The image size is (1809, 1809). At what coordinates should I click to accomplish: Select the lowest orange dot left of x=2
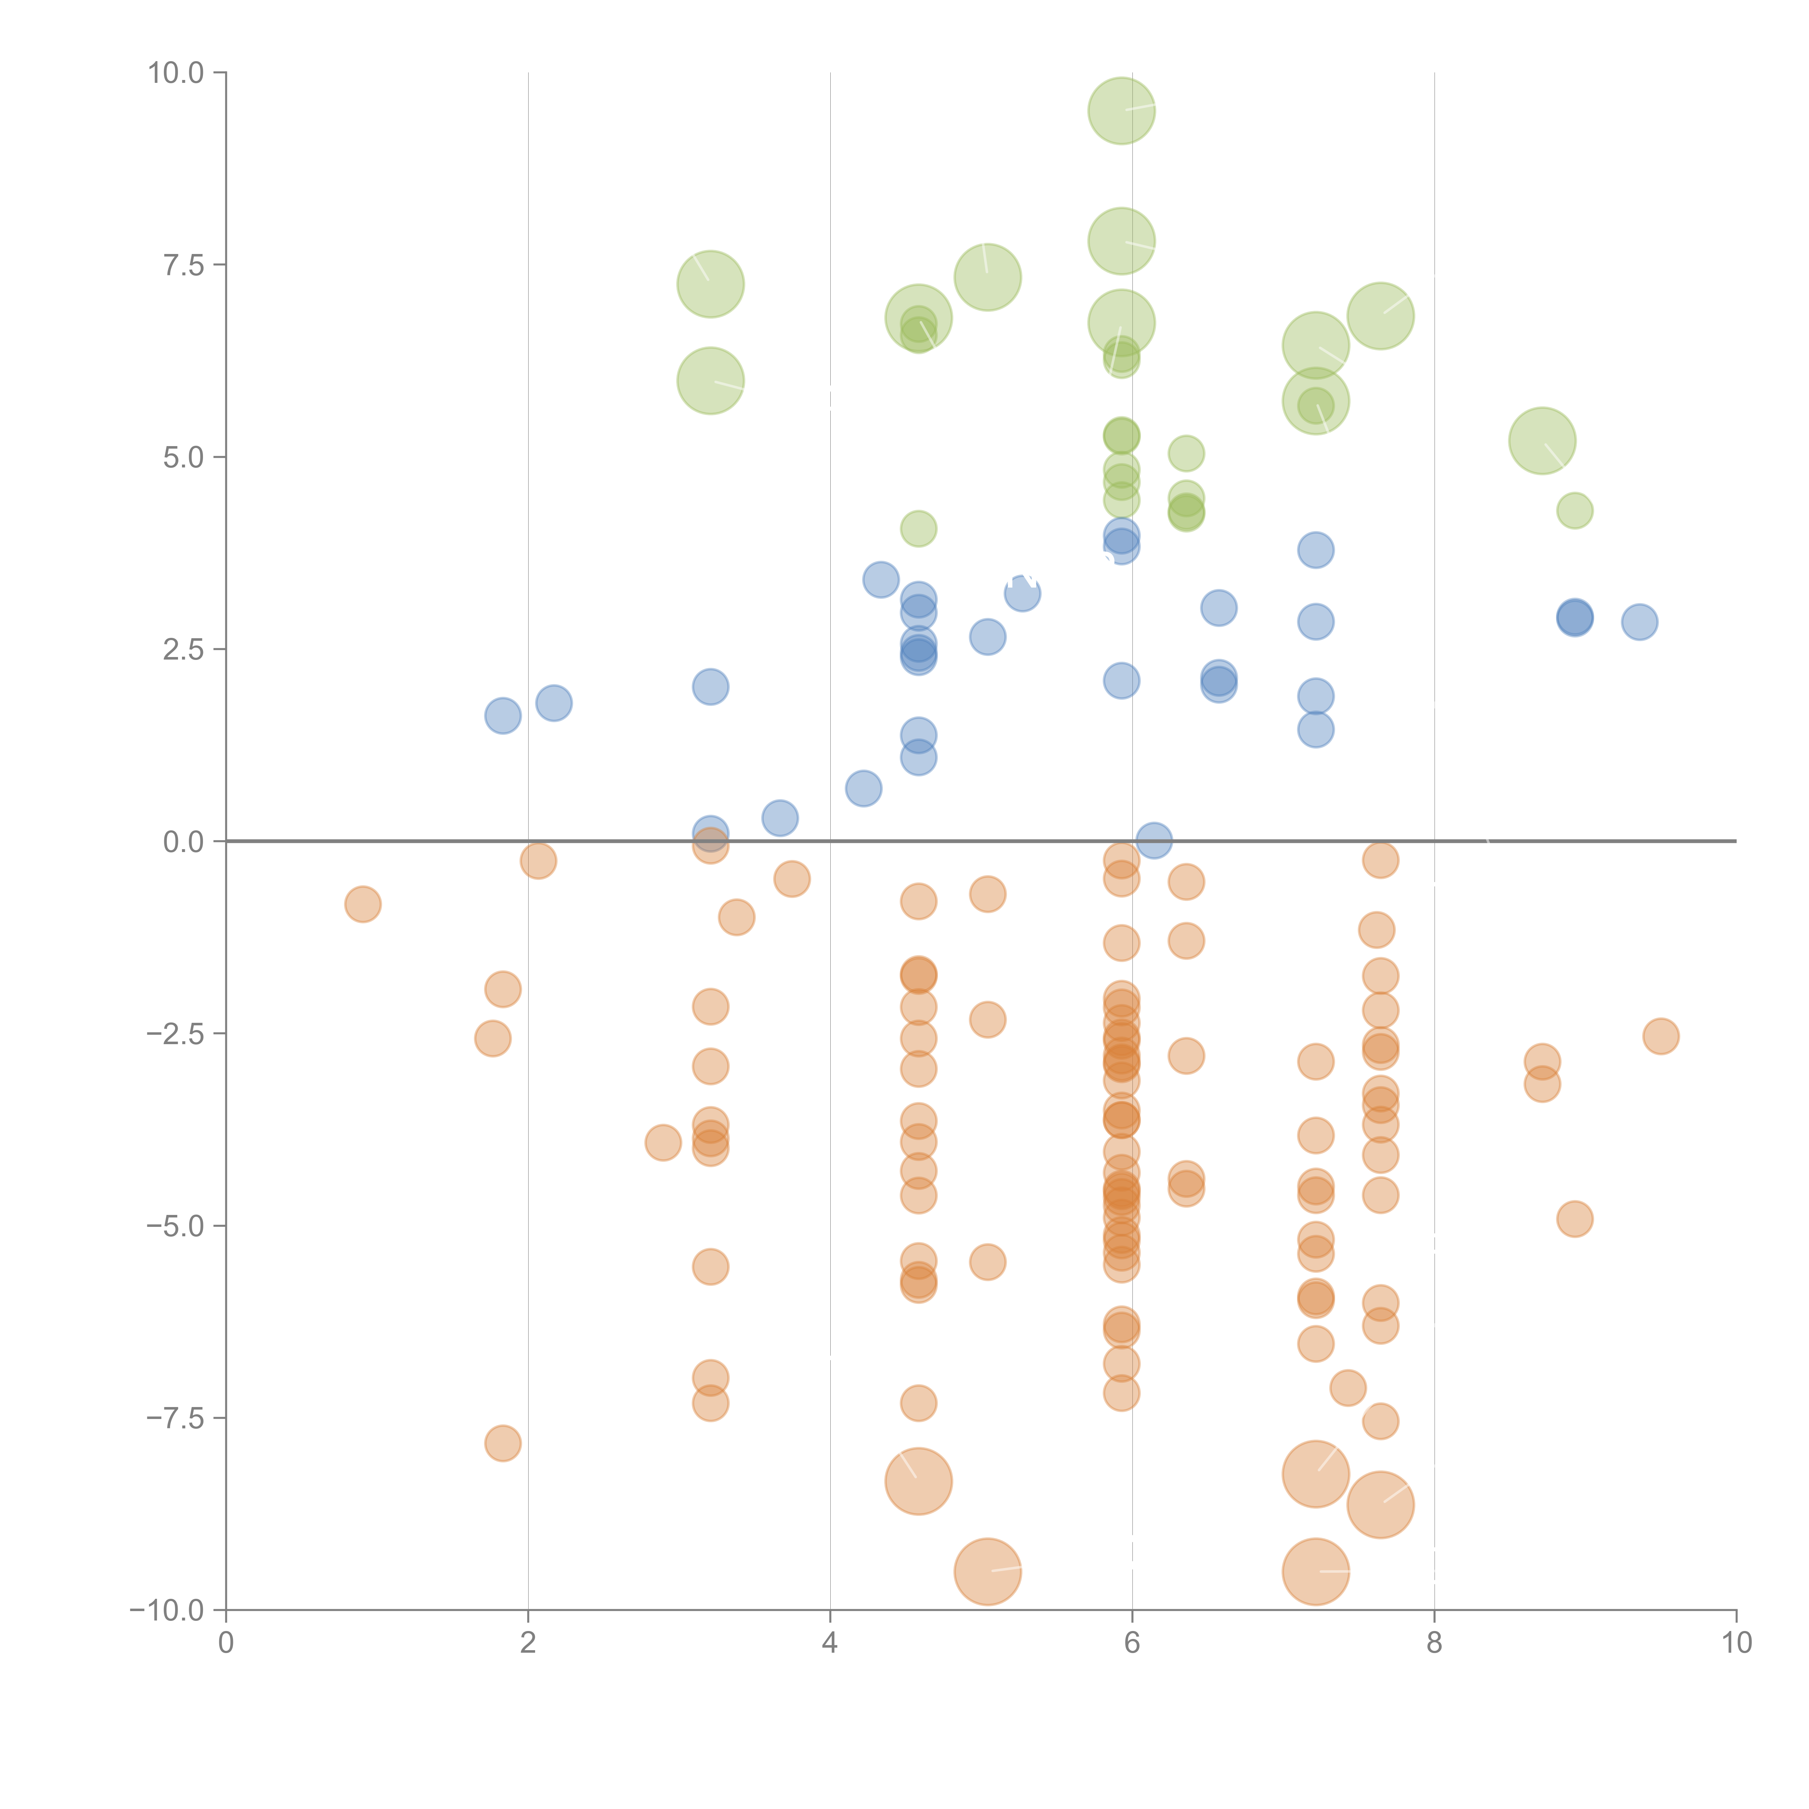tap(503, 1443)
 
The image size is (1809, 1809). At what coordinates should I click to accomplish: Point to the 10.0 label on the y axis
tap(176, 73)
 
